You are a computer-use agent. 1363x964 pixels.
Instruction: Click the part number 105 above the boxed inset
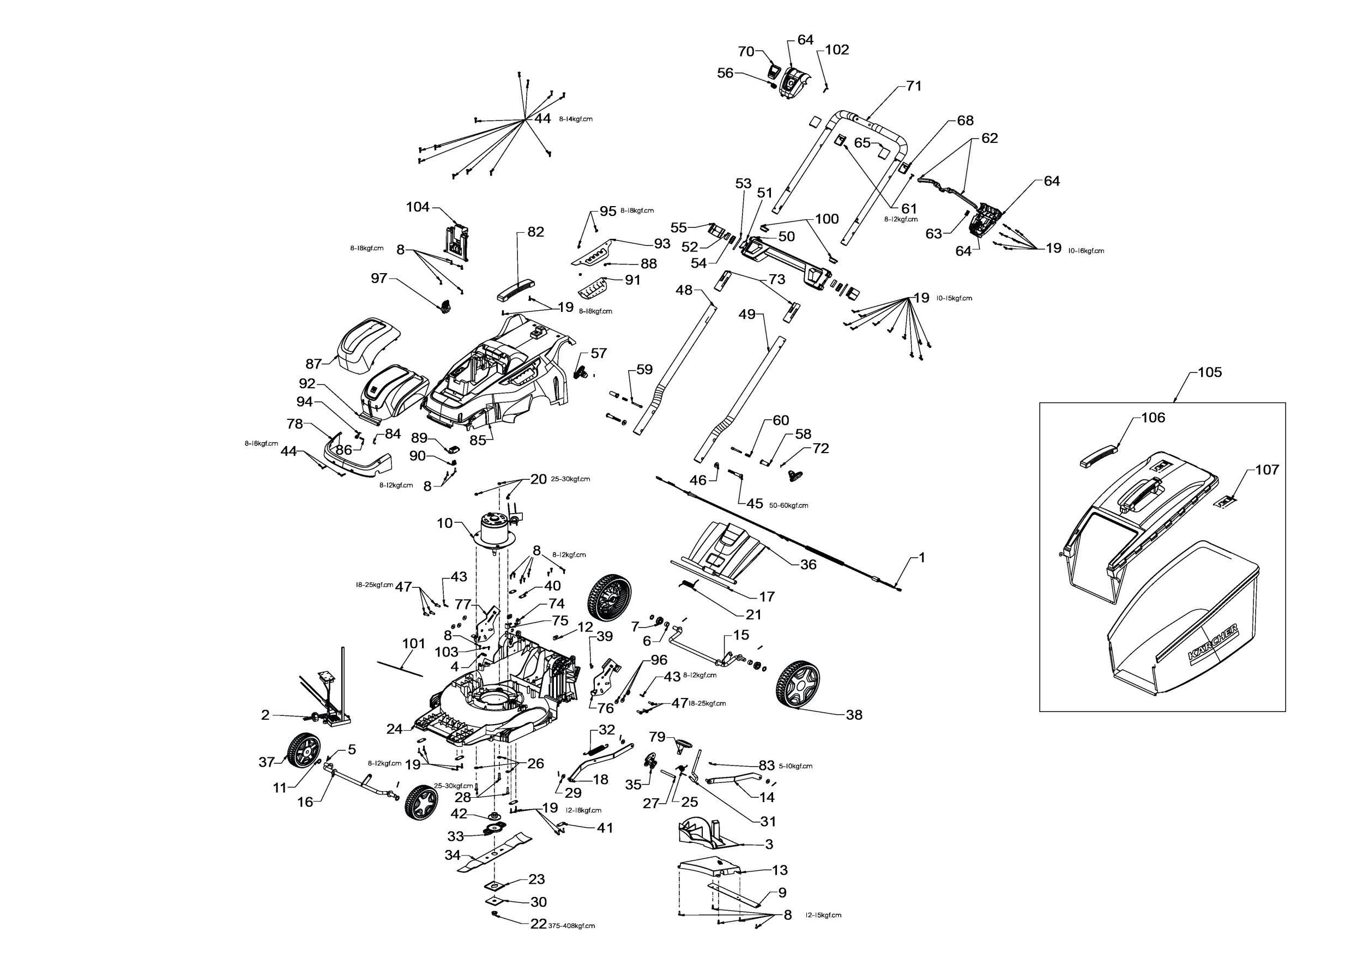[x=1209, y=372]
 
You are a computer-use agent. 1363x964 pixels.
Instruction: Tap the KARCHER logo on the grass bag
[x=1214, y=642]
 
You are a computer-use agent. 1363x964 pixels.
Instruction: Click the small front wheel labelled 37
[x=303, y=750]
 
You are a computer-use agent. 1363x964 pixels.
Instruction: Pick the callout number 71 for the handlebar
[x=914, y=86]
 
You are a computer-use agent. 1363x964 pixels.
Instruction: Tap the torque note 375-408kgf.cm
[x=571, y=925]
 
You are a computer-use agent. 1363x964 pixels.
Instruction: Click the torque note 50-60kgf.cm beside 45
[x=788, y=506]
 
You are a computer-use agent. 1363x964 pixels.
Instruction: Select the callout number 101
[x=414, y=643]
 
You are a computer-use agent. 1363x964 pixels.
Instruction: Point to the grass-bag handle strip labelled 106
[x=1097, y=457]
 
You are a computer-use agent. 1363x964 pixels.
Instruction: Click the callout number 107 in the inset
[x=1267, y=469]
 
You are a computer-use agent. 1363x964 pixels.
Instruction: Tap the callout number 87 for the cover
[x=313, y=363]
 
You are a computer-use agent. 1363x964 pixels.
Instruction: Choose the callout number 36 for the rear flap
[x=808, y=564]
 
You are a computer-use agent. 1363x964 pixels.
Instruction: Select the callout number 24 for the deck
[x=394, y=729]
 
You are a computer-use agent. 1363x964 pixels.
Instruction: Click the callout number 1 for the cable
[x=921, y=557]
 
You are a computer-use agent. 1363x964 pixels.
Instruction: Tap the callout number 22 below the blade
[x=538, y=924]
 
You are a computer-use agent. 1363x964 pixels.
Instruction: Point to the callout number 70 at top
[x=746, y=52]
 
